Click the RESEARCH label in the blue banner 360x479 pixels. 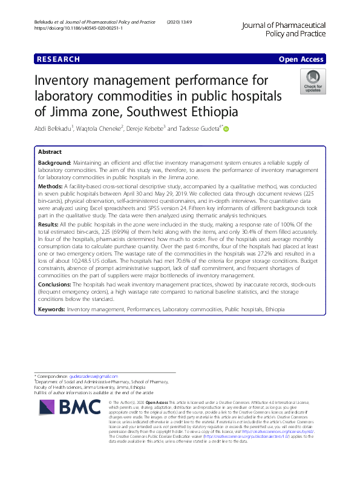(x=58, y=59)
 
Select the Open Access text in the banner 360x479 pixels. (x=302, y=59)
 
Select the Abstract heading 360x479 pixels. (x=50, y=152)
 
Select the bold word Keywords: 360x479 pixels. (x=51, y=309)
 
